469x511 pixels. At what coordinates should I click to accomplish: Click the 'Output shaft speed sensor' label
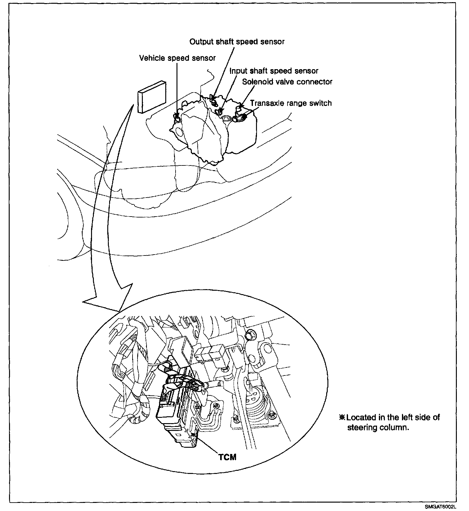click(237, 42)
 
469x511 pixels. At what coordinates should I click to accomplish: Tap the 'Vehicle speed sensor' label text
click(177, 58)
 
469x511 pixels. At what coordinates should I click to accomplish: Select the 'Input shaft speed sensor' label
click(274, 71)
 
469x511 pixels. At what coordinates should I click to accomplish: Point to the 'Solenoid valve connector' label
click(287, 82)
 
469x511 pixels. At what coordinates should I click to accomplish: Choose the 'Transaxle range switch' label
click(291, 103)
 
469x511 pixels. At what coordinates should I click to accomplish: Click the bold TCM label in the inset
click(227, 457)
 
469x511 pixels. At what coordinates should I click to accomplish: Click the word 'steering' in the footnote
click(362, 427)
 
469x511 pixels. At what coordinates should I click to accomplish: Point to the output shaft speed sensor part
click(213, 99)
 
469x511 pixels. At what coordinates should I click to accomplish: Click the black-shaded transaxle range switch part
click(244, 117)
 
